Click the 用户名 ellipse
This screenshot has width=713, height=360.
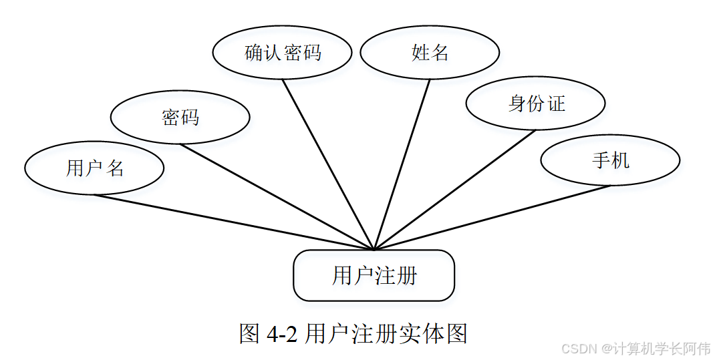point(94,168)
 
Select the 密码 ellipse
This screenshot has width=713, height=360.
point(180,118)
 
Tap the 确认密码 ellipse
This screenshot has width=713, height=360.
point(282,53)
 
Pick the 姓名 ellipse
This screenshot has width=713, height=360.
point(430,53)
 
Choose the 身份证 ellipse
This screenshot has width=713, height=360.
point(535,104)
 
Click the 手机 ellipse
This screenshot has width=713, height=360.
point(609,160)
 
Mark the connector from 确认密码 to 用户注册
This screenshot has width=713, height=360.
point(328,164)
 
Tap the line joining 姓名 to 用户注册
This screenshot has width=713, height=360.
point(402,164)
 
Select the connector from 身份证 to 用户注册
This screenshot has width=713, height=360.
point(455,190)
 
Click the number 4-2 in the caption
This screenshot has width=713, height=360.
point(281,333)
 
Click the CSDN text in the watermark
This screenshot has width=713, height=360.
point(579,349)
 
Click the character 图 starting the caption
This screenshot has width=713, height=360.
point(249,333)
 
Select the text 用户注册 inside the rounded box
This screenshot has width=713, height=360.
point(374,276)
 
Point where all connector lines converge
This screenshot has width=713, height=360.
point(374,249)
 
